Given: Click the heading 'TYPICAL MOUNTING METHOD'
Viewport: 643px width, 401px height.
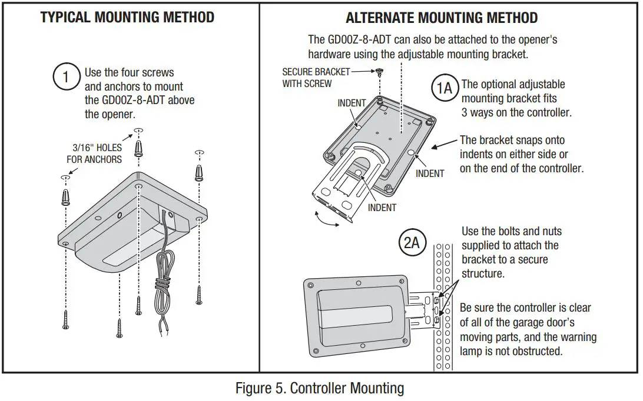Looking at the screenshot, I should click(x=127, y=17).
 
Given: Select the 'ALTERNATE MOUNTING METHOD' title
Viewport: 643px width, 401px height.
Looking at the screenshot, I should click(x=441, y=18).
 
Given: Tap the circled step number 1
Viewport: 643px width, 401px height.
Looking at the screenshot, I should click(x=66, y=77).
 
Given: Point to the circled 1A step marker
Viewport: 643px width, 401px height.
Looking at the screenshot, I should click(x=445, y=88).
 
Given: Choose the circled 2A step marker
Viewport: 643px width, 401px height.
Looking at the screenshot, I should click(x=412, y=243).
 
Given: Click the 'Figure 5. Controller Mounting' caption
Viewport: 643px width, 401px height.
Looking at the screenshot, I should click(x=320, y=388).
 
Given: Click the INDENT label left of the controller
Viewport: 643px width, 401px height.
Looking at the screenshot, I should click(x=352, y=103).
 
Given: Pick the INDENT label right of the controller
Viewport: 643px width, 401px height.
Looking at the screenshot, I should click(x=430, y=173).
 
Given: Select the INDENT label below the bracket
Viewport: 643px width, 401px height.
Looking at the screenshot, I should click(x=382, y=207).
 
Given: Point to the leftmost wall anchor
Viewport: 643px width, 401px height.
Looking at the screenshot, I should click(x=66, y=195).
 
